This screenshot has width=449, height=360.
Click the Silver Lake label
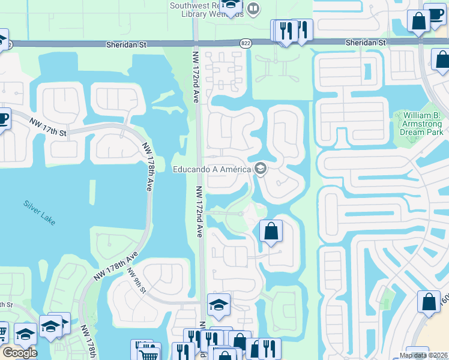tap(40, 212)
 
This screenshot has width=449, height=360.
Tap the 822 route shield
tap(246, 43)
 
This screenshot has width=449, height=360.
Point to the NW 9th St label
tap(136, 280)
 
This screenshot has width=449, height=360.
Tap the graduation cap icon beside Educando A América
tap(261, 169)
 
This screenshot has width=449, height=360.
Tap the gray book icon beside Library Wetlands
tap(253, 9)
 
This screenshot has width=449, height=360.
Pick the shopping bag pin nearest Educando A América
tap(271, 231)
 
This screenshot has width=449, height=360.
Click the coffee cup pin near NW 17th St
tap(3, 118)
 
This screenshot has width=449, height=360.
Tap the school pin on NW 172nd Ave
tap(218, 305)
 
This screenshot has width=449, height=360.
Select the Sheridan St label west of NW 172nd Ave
tap(126, 44)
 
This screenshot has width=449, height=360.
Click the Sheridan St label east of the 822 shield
tap(366, 43)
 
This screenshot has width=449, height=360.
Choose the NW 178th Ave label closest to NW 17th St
tap(148, 166)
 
